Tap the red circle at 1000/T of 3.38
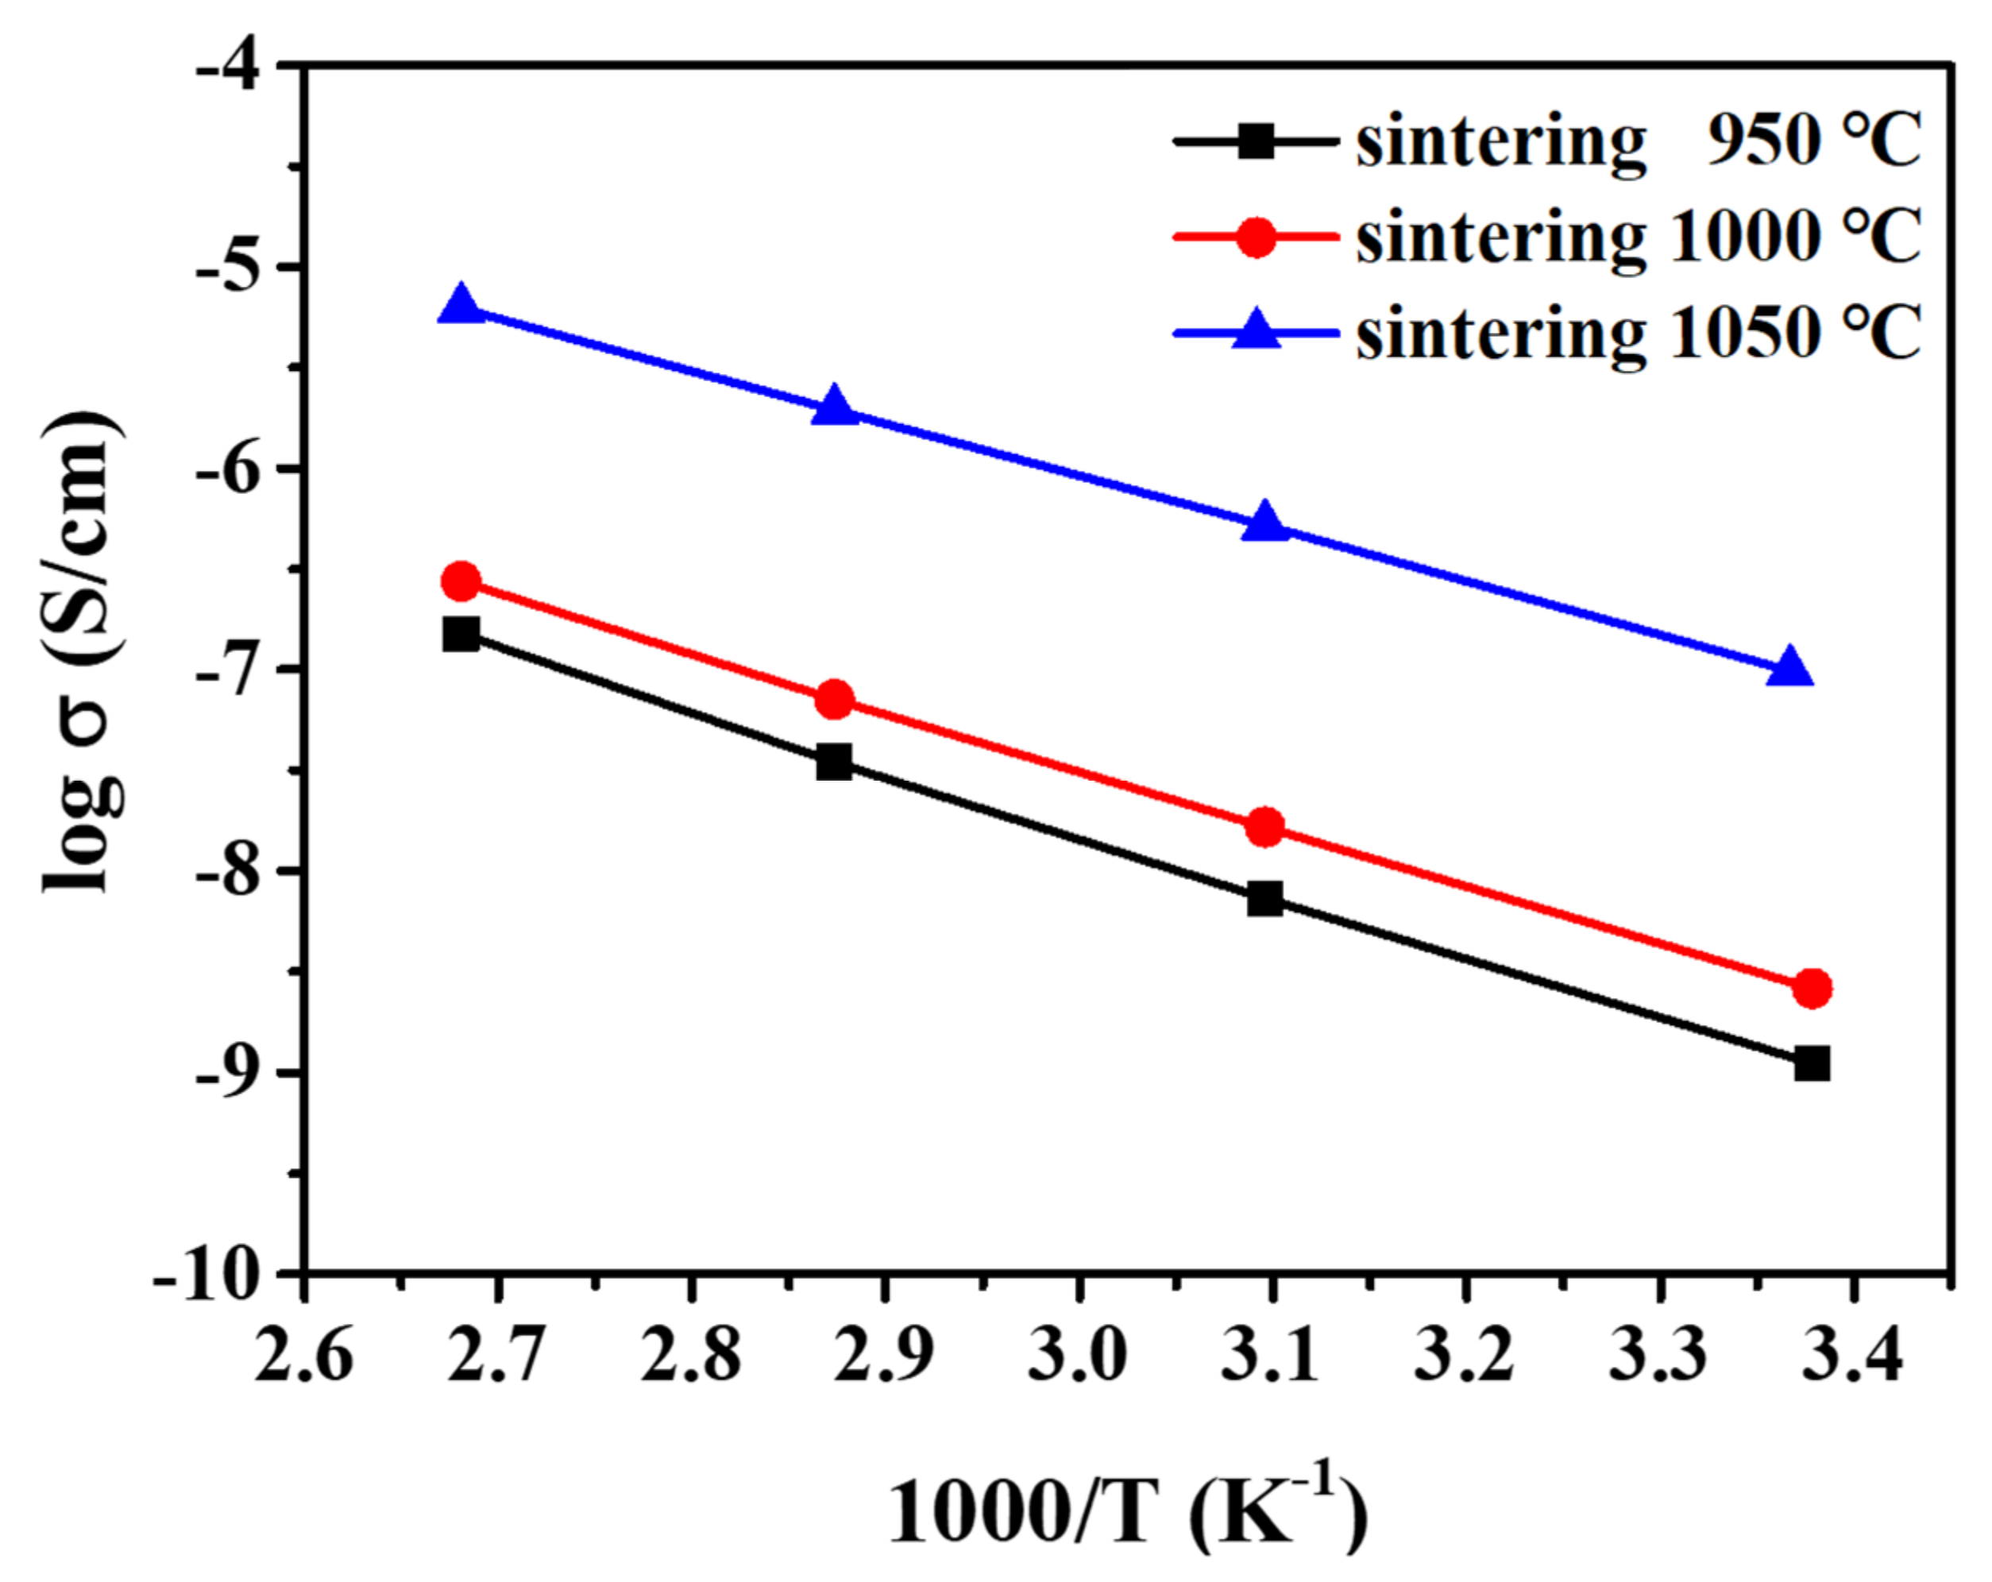tap(1812, 989)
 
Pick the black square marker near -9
tap(1812, 1063)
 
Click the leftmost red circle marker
tap(461, 581)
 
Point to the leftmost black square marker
tap(461, 635)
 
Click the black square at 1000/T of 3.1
tap(1265, 898)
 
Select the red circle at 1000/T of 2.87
tap(834, 700)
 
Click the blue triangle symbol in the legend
tap(1257, 330)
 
